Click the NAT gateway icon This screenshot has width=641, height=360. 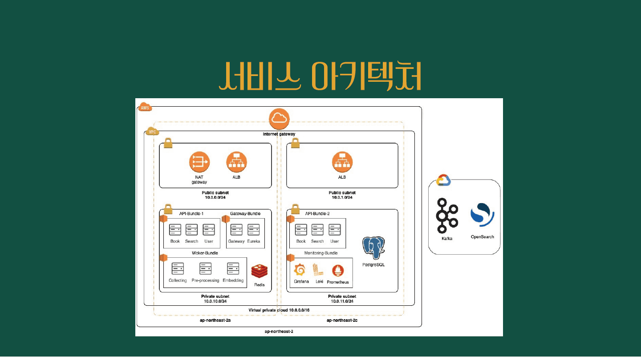199,162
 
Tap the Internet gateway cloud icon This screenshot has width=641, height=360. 280,118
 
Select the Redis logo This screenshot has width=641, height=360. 260,272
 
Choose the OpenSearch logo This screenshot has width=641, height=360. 483,215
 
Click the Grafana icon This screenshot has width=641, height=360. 300,270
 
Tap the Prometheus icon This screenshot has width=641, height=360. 338,270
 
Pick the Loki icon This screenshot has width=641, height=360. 319,270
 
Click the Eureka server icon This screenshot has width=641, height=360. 253,230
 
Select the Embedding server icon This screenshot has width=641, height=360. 233,269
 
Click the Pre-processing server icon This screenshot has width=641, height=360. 205,269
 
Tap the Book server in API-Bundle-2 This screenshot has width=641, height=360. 301,230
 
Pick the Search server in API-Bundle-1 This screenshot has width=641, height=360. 191,230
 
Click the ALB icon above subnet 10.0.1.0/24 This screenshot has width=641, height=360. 342,162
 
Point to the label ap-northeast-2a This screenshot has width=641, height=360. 215,320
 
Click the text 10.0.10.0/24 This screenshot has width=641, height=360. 215,301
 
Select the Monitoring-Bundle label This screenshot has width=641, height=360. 320,253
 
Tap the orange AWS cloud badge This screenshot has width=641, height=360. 145,108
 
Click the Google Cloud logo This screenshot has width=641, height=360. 443,180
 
